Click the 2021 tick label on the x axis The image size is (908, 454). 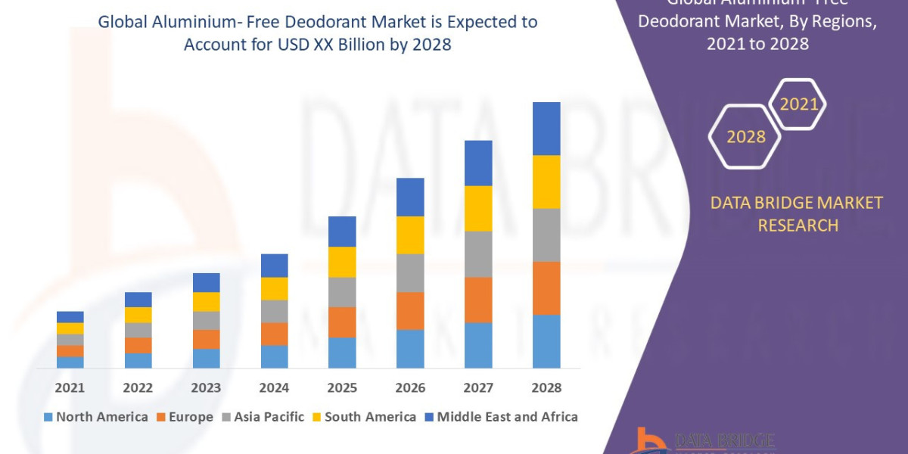(x=70, y=387)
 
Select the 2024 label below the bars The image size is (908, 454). (x=274, y=387)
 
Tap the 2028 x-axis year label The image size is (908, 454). (x=546, y=387)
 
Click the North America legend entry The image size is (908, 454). (x=96, y=417)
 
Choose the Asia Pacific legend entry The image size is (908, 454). (x=263, y=417)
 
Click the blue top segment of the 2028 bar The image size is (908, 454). (x=546, y=129)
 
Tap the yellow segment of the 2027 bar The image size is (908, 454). (x=478, y=208)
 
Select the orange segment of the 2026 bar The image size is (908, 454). (x=410, y=311)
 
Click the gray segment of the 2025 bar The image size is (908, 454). (x=342, y=292)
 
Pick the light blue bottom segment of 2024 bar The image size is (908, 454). (x=274, y=356)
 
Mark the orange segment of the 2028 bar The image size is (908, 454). (x=546, y=288)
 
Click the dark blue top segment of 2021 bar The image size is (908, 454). (x=70, y=317)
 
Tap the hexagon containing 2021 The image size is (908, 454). (x=798, y=105)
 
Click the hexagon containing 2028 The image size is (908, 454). (x=745, y=137)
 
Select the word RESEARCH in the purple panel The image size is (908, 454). (x=798, y=225)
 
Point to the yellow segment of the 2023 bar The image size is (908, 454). (x=206, y=302)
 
